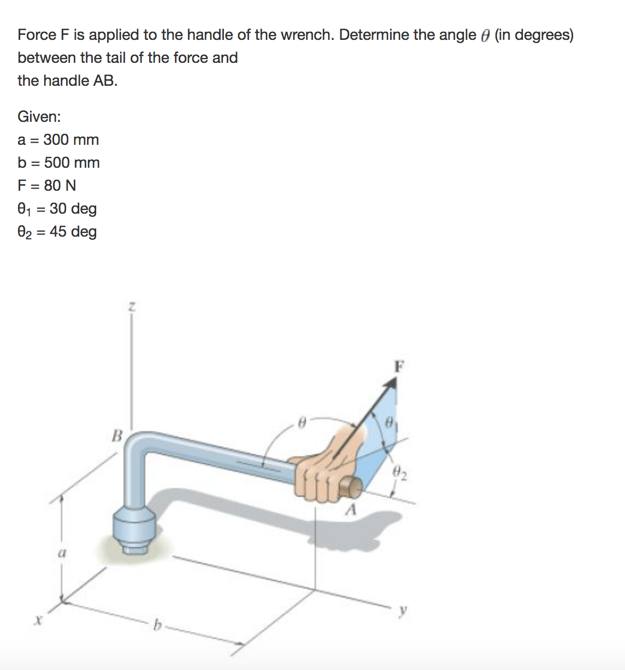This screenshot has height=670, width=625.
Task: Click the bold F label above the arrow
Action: pyautogui.click(x=400, y=366)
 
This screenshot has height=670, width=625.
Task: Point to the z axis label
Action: pyautogui.click(x=131, y=308)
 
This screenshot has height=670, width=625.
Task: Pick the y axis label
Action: pyautogui.click(x=403, y=611)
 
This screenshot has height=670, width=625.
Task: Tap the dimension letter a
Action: pyautogui.click(x=62, y=553)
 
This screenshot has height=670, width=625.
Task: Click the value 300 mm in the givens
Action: pyautogui.click(x=71, y=140)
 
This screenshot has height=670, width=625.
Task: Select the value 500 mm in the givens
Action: pyautogui.click(x=72, y=163)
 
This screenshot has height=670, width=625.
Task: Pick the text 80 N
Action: pyautogui.click(x=60, y=186)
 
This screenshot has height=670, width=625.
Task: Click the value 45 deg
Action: pyautogui.click(x=73, y=232)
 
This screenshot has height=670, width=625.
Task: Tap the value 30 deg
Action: pyautogui.click(x=73, y=209)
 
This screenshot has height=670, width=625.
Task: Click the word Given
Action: pyautogui.click(x=39, y=117)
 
